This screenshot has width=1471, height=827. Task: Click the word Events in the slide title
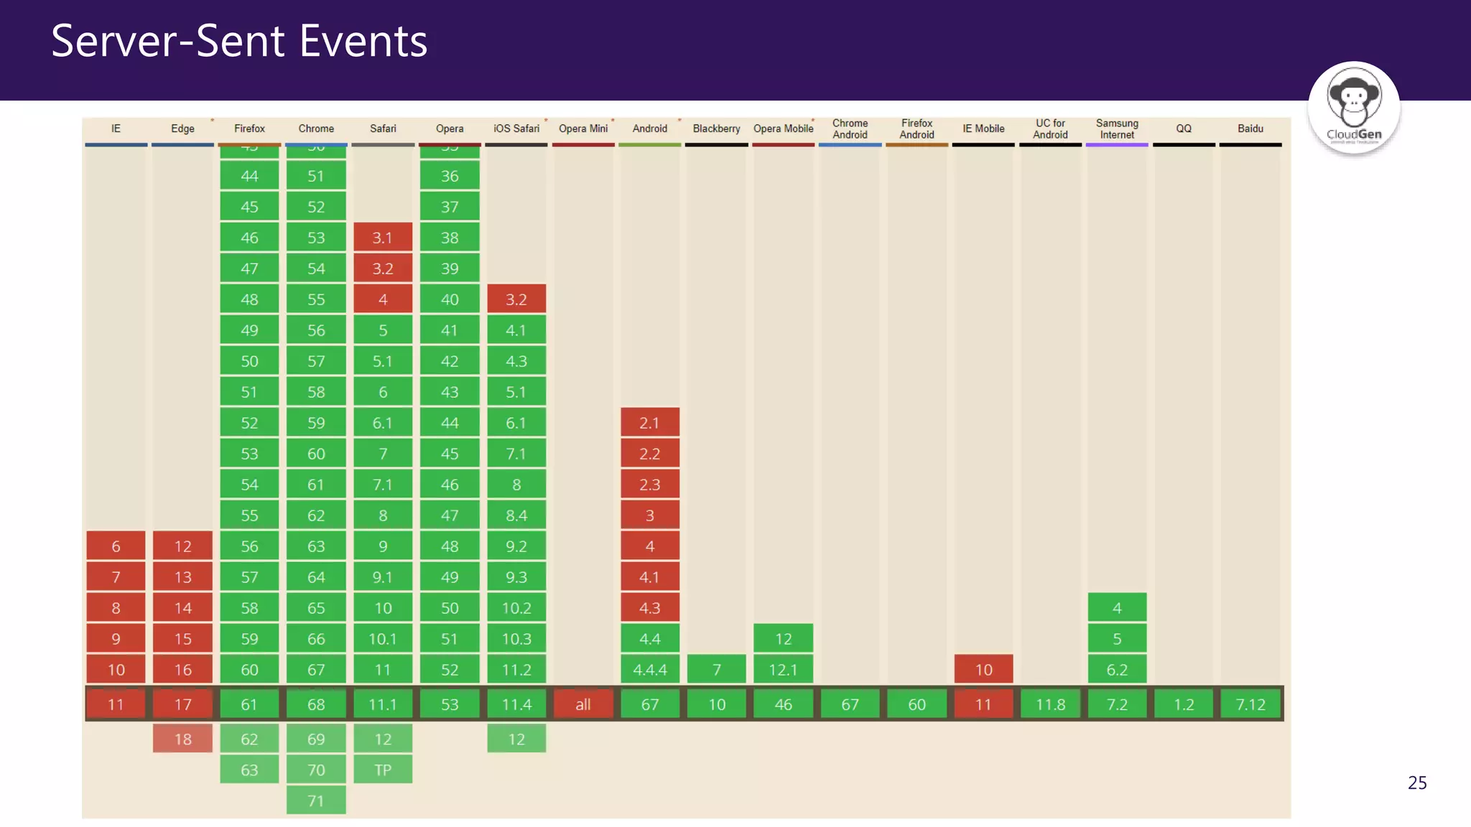(363, 41)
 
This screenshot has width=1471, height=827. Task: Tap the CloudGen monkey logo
(1354, 106)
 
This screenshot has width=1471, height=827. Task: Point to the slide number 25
(1417, 782)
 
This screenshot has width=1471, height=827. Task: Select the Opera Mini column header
(583, 129)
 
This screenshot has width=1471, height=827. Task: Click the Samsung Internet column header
(1117, 129)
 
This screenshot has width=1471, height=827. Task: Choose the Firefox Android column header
(917, 129)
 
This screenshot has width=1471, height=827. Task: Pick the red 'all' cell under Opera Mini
(583, 704)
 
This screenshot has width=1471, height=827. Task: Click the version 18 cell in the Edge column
(182, 739)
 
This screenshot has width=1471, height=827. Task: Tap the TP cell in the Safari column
(383, 770)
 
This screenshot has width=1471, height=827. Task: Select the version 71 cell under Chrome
(316, 800)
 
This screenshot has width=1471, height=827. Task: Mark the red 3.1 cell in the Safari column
(383, 238)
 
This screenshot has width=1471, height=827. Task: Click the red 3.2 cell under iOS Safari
(516, 299)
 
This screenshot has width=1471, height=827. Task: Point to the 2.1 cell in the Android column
(650, 423)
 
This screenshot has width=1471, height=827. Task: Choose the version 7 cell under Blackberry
(717, 670)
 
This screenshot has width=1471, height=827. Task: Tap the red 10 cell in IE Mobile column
(983, 670)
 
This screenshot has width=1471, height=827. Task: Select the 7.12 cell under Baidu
(1250, 704)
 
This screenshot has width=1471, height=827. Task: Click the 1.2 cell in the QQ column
(1184, 704)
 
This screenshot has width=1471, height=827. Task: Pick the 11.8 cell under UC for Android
(1050, 704)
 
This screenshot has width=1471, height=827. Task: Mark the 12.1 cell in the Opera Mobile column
(784, 670)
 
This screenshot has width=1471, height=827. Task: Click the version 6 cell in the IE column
(116, 546)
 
